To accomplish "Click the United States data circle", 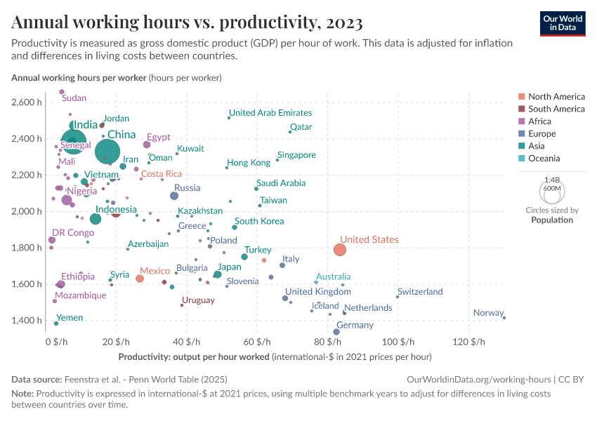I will point(340,250).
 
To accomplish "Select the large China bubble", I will point(107,151).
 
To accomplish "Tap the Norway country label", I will point(488,313).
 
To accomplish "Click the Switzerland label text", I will point(420,292).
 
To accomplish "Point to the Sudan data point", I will point(62,92).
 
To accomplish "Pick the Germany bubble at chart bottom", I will point(336,332).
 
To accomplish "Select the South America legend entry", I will point(556,109).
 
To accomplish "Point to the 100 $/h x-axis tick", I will point(398,342).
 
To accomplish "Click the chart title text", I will point(187,23).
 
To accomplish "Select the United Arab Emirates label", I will point(270,113).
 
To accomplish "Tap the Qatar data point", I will point(290,132).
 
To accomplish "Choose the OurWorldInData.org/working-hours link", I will point(480,379).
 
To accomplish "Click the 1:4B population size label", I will point(551,180).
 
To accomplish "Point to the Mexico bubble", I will point(140,279).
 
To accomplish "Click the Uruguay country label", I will point(198,300).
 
